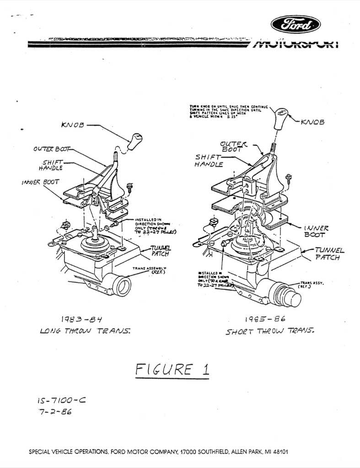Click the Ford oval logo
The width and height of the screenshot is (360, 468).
[296, 24]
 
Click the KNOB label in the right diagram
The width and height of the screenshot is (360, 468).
[312, 122]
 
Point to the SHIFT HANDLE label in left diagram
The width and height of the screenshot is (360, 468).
[53, 165]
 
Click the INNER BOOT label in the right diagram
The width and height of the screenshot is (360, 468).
[316, 231]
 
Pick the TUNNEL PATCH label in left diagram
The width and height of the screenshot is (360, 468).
[159, 250]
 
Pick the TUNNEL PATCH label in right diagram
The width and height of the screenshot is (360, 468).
[328, 254]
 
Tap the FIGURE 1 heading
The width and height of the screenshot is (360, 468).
[172, 369]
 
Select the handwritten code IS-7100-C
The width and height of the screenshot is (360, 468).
[61, 401]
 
